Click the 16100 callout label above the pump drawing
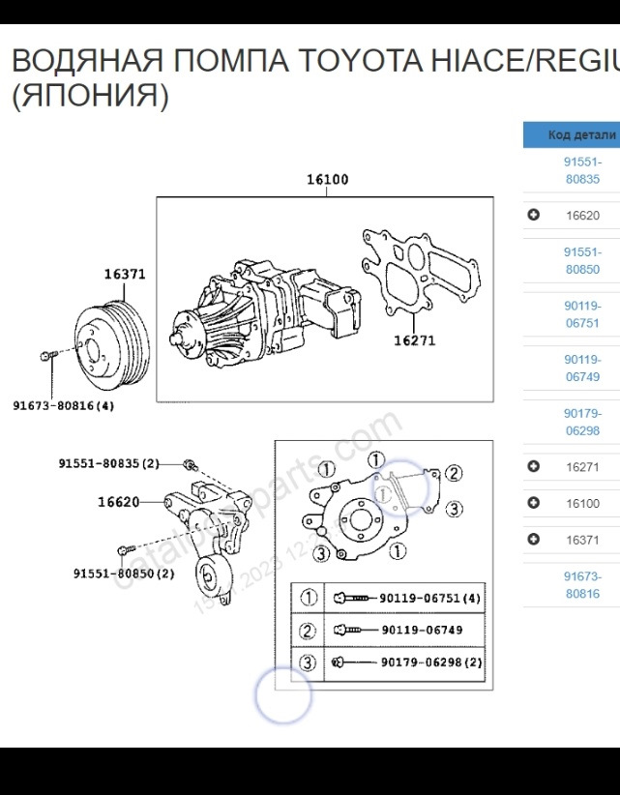[x=327, y=180]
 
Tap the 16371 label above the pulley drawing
[x=125, y=275]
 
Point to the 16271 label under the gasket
[x=413, y=340]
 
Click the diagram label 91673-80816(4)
[x=63, y=406]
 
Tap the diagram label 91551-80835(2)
[x=108, y=464]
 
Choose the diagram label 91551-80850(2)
[x=124, y=574]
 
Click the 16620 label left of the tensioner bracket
[x=118, y=502]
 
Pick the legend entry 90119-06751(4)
[x=429, y=599]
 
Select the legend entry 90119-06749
[x=422, y=631]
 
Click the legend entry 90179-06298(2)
[x=429, y=662]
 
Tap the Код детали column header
[x=580, y=135]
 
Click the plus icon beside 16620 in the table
[x=533, y=216]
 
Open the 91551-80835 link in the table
[x=581, y=171]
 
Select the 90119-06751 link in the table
[x=581, y=314]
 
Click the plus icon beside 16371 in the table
[x=533, y=540]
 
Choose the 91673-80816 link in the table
[x=581, y=585]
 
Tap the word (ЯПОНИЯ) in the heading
[x=90, y=97]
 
